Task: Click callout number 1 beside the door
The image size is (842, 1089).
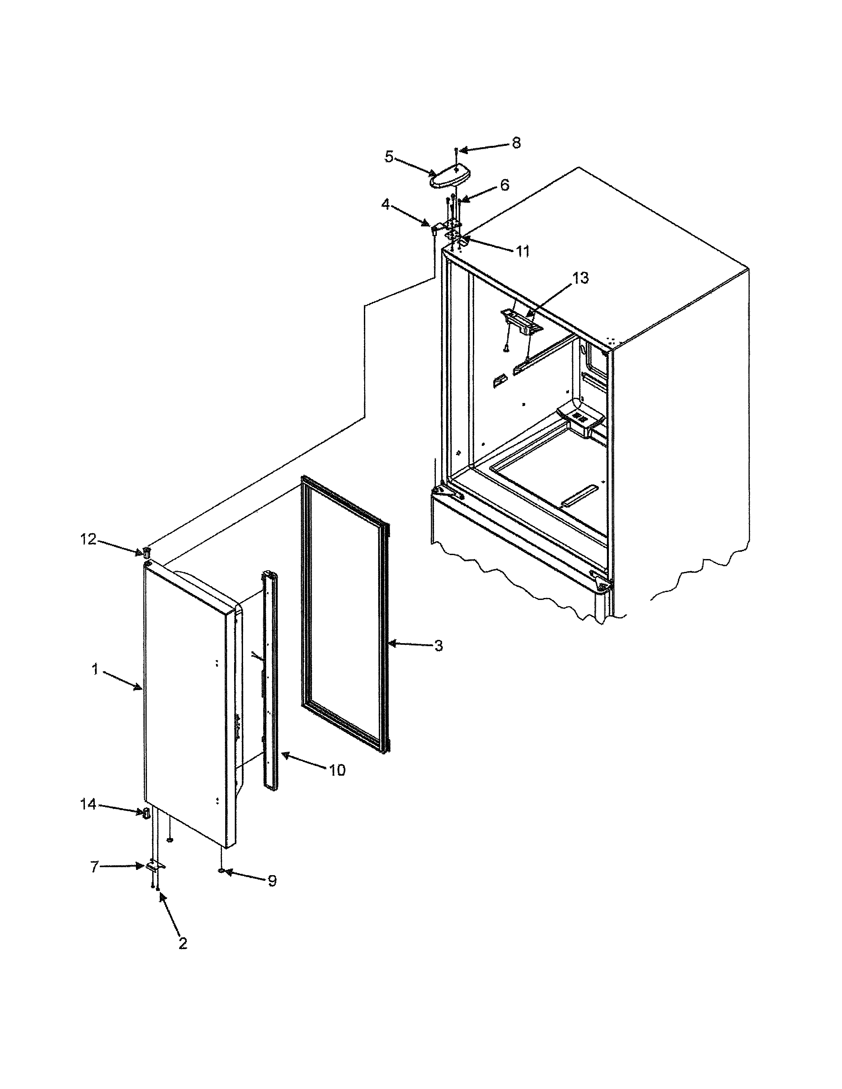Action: (x=95, y=669)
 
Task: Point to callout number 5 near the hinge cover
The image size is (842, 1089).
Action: (x=389, y=156)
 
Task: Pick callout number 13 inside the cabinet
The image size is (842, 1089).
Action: (x=580, y=278)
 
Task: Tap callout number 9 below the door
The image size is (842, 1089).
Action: (x=272, y=881)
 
